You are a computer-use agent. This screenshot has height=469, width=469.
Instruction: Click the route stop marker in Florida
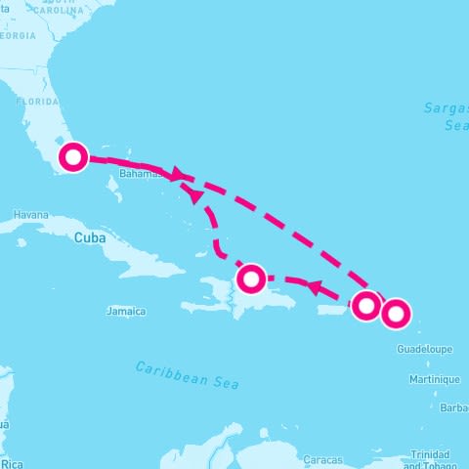73,157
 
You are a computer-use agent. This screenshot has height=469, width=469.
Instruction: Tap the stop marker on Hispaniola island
251,278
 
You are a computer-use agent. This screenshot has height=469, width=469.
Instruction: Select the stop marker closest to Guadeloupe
395,314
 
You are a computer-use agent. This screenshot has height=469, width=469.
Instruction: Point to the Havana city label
30,215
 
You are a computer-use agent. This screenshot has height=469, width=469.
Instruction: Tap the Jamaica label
126,312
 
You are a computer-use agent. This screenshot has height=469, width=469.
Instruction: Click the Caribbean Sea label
187,374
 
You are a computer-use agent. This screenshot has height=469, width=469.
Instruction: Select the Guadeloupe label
423,349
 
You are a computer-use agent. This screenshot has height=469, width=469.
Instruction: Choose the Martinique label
435,379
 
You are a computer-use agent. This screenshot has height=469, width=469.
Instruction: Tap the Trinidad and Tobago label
430,459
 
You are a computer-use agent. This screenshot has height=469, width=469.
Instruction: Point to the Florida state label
37,101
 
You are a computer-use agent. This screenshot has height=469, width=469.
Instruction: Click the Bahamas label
138,174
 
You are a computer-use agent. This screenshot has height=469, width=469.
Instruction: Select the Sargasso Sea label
447,116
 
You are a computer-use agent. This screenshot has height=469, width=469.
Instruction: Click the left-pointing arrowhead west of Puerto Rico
316,287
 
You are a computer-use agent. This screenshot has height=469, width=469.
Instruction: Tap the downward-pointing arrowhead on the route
196,196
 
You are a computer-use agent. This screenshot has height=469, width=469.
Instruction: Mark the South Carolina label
59,12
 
